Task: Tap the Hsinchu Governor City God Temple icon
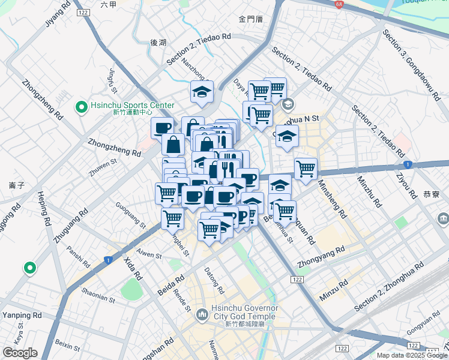click(202, 313)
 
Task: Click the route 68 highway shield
click(339, 5)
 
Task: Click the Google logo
click(20, 353)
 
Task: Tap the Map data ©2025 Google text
click(412, 355)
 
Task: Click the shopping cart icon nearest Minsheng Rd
click(306, 169)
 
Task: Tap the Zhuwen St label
click(104, 161)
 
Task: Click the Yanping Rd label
click(22, 315)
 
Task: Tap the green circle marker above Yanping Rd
click(28, 268)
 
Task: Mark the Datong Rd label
click(214, 281)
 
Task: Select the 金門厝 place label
click(250, 19)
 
